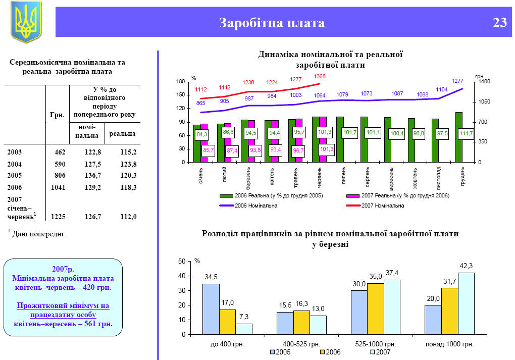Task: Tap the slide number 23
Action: click(x=499, y=23)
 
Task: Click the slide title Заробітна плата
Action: click(x=272, y=23)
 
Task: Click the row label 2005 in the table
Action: click(x=15, y=175)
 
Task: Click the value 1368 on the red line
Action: click(x=320, y=77)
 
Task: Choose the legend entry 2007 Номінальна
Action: click(x=382, y=205)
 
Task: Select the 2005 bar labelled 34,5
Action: click(x=211, y=309)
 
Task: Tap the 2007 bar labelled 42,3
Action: click(x=467, y=303)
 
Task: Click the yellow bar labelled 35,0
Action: click(x=376, y=308)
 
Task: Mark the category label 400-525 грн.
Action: click(x=301, y=344)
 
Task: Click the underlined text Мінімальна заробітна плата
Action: click(x=63, y=278)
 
